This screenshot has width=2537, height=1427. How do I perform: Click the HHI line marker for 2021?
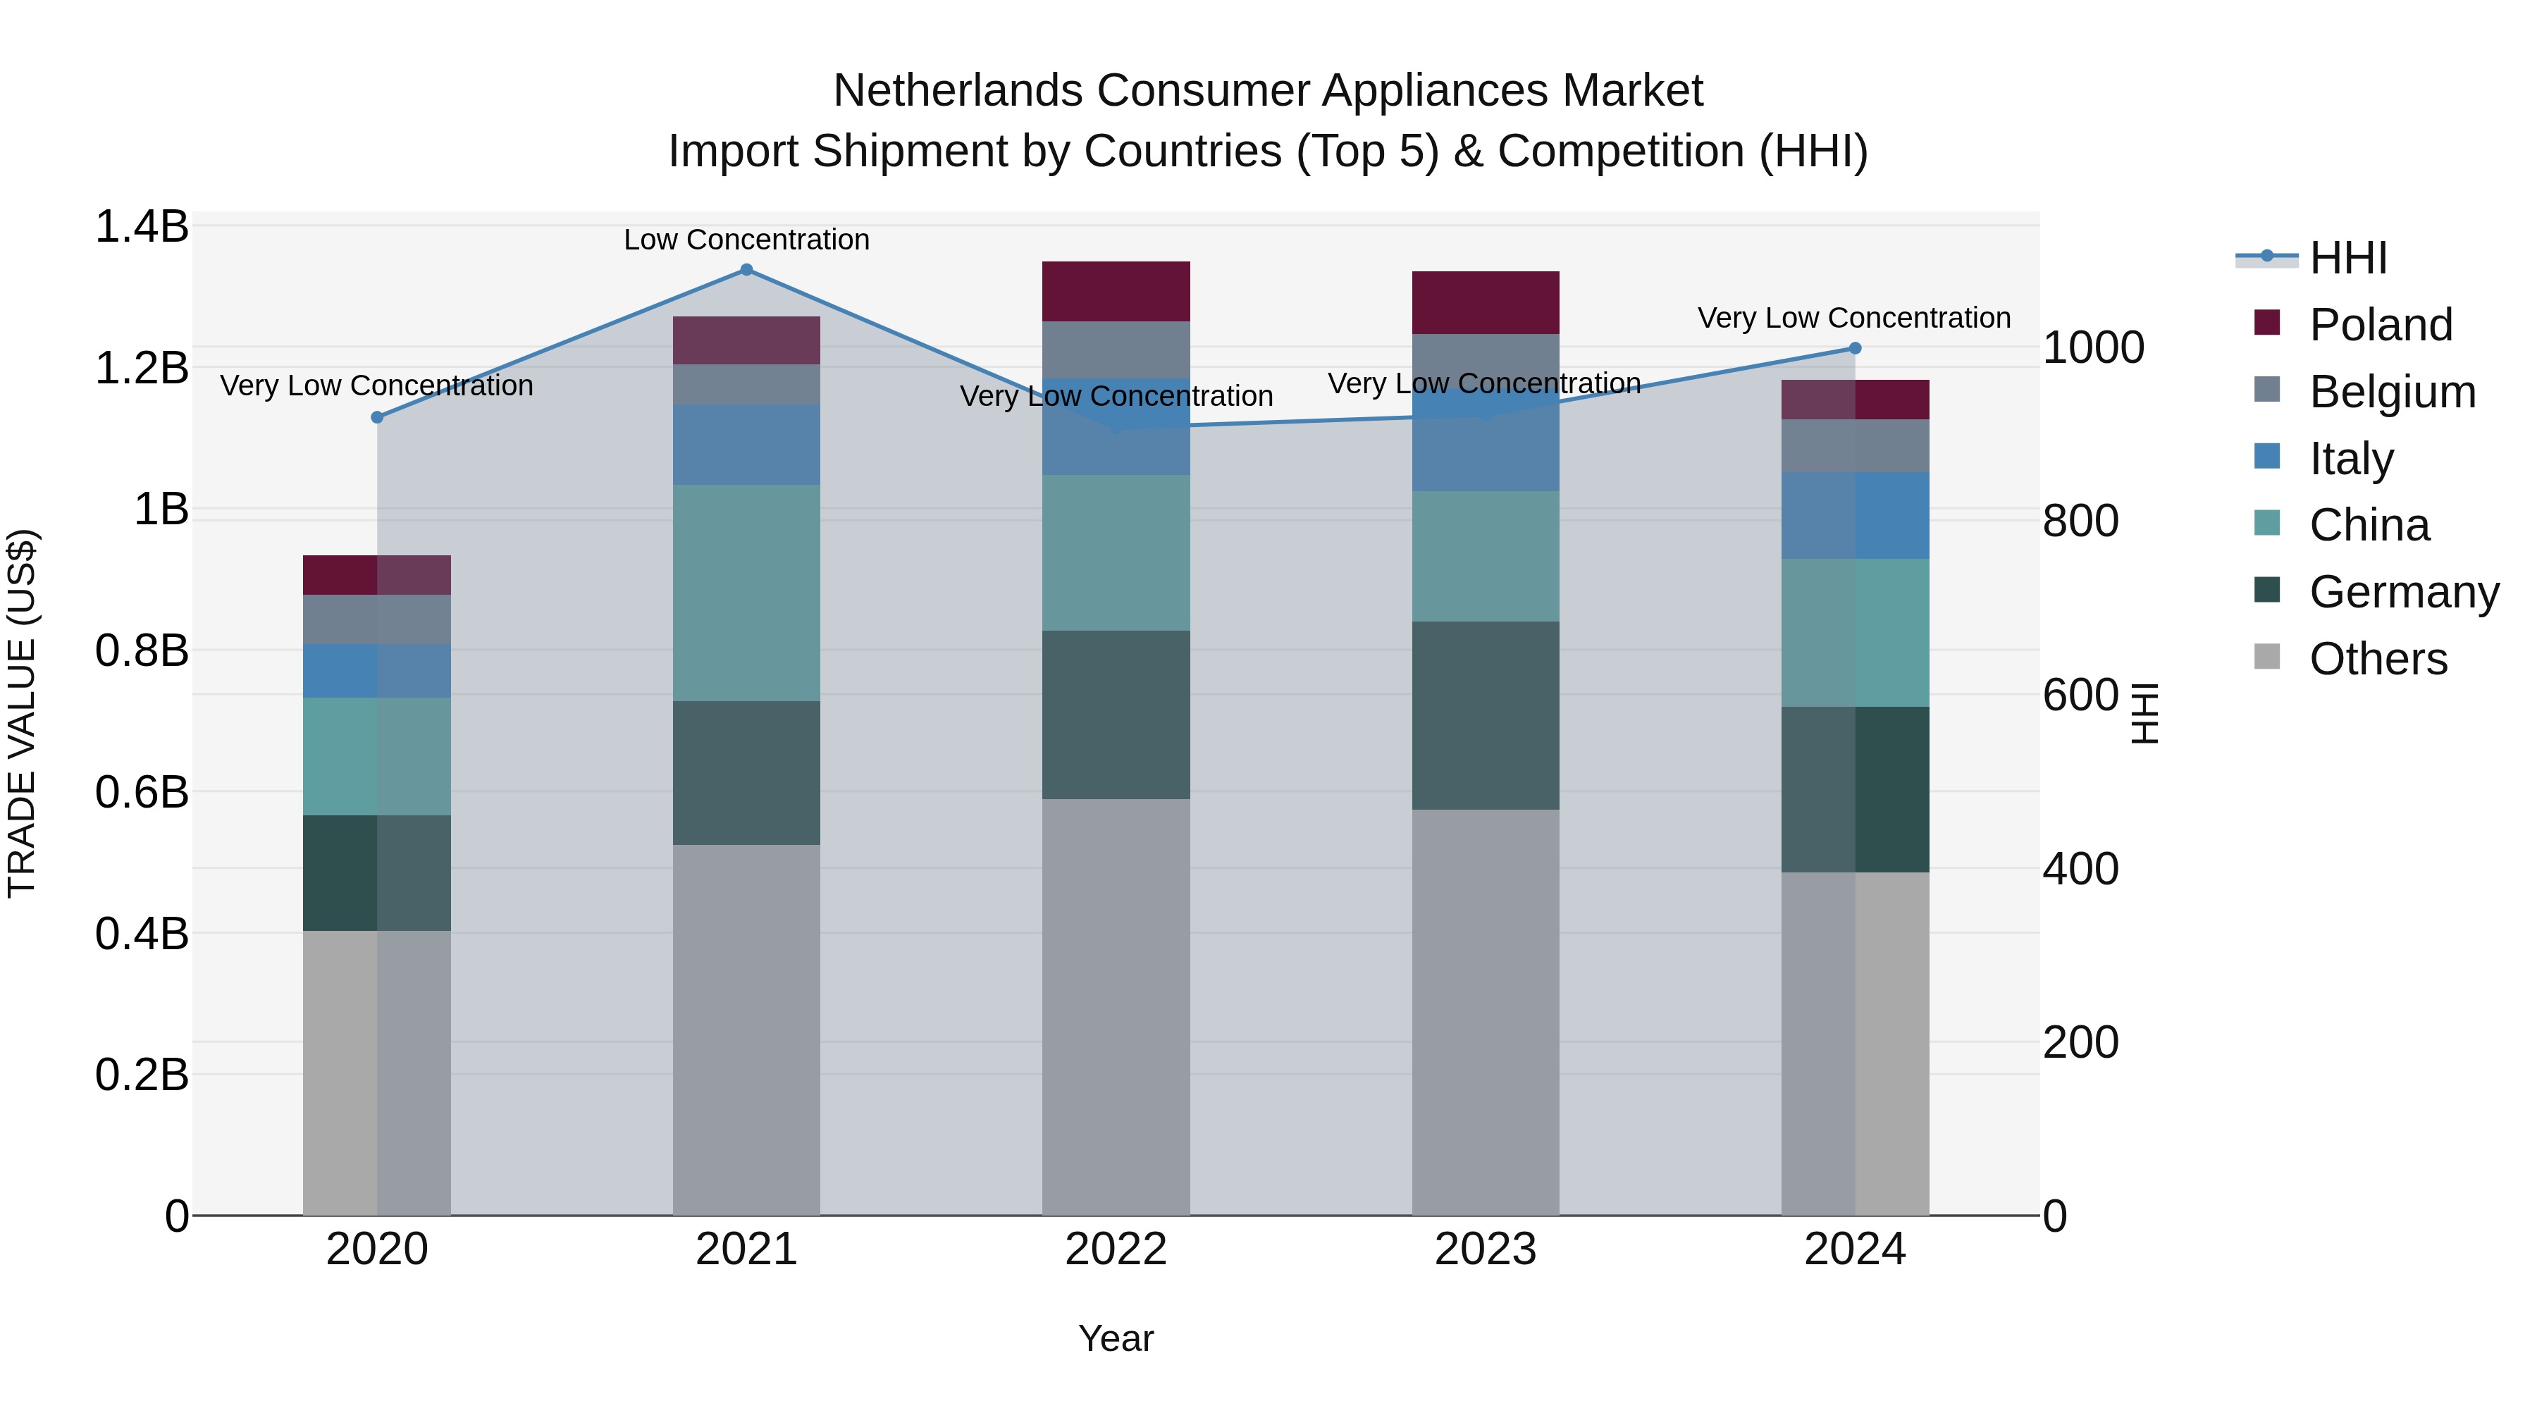coord(746,270)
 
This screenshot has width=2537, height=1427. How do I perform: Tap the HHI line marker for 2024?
coord(1855,347)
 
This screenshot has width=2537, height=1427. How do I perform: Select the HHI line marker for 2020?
coord(376,418)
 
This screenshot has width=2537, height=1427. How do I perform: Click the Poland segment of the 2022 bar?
coord(1116,292)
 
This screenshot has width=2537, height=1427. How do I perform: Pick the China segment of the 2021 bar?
coord(746,593)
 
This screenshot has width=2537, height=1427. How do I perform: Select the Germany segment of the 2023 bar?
coord(1485,716)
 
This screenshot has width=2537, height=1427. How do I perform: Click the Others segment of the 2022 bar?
coord(1116,1006)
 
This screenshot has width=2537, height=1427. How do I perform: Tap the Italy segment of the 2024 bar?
coord(1855,515)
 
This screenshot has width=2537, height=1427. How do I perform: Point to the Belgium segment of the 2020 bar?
coord(376,619)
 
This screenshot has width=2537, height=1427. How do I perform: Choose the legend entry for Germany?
coord(2403,592)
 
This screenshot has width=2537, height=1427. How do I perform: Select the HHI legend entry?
coord(2348,258)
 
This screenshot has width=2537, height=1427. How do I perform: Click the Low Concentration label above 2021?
coord(746,240)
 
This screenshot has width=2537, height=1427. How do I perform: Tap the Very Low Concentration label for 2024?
coord(1853,318)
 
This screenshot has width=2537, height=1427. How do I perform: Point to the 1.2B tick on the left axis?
coord(141,369)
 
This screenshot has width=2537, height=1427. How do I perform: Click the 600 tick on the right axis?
coord(2080,696)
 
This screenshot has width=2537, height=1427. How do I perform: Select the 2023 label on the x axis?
coord(1485,1249)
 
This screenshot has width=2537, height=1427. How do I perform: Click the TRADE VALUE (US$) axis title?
coord(22,713)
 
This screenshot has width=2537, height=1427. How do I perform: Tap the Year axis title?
coord(1115,1338)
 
